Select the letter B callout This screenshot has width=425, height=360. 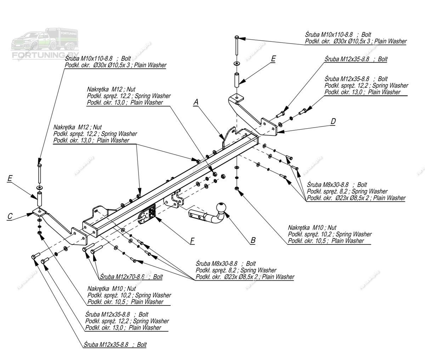tap(253, 240)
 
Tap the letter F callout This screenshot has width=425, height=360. tap(192, 241)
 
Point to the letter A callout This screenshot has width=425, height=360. tap(196, 102)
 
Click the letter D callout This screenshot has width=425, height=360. tap(333, 122)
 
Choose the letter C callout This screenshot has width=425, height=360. tap(10, 216)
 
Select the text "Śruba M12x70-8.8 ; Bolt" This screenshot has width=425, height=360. tap(131, 277)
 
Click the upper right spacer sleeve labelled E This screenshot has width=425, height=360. tap(237, 80)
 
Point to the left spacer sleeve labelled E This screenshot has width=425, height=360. tap(39, 199)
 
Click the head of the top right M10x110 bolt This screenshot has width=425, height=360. tap(237, 37)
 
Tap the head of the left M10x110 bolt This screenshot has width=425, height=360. tap(39, 165)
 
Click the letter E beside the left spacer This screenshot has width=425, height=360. tap(10, 178)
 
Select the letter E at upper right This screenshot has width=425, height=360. tap(273, 59)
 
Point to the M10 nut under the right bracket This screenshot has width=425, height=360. tap(237, 188)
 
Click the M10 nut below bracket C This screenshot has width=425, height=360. tap(39, 233)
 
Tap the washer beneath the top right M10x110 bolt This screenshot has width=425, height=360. tap(237, 63)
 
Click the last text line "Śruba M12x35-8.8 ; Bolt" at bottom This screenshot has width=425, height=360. tap(115, 344)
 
